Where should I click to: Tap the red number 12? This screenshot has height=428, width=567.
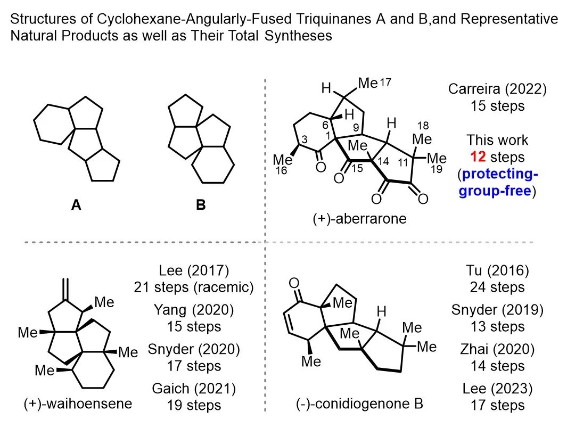(x=477, y=158)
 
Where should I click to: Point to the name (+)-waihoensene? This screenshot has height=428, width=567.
(x=78, y=404)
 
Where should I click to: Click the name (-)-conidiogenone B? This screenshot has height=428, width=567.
(x=360, y=404)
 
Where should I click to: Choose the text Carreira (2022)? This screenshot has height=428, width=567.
(x=497, y=89)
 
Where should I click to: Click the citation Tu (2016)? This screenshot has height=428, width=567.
(x=497, y=271)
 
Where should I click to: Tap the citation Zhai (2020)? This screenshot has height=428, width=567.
(x=497, y=350)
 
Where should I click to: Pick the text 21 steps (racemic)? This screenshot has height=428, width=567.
(x=194, y=287)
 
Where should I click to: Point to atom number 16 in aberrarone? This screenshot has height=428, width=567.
(x=282, y=170)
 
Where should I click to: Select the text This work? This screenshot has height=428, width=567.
(x=497, y=141)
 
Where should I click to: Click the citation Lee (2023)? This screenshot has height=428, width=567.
(x=497, y=389)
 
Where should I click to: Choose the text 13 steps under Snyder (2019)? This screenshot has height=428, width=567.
(x=497, y=326)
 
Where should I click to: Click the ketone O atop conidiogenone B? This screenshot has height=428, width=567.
(x=293, y=282)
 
